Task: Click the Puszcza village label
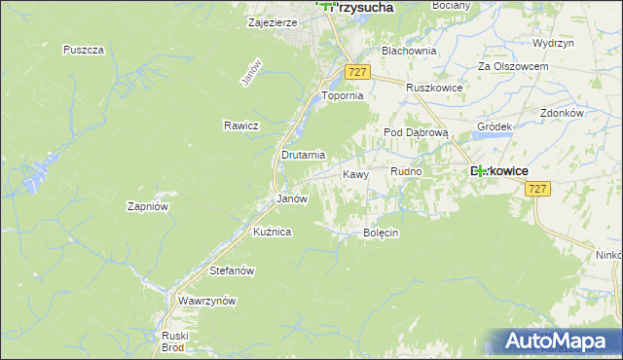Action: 83,50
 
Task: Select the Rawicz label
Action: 239,126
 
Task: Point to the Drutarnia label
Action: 302,155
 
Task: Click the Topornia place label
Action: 343,96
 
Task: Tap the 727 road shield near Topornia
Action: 357,73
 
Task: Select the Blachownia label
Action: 409,51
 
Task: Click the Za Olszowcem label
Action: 513,66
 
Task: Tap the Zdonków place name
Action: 561,113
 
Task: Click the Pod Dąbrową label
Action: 415,132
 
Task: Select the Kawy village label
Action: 355,174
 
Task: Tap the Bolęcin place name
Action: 382,234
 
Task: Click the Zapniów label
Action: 149,206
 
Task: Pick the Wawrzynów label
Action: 207,302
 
